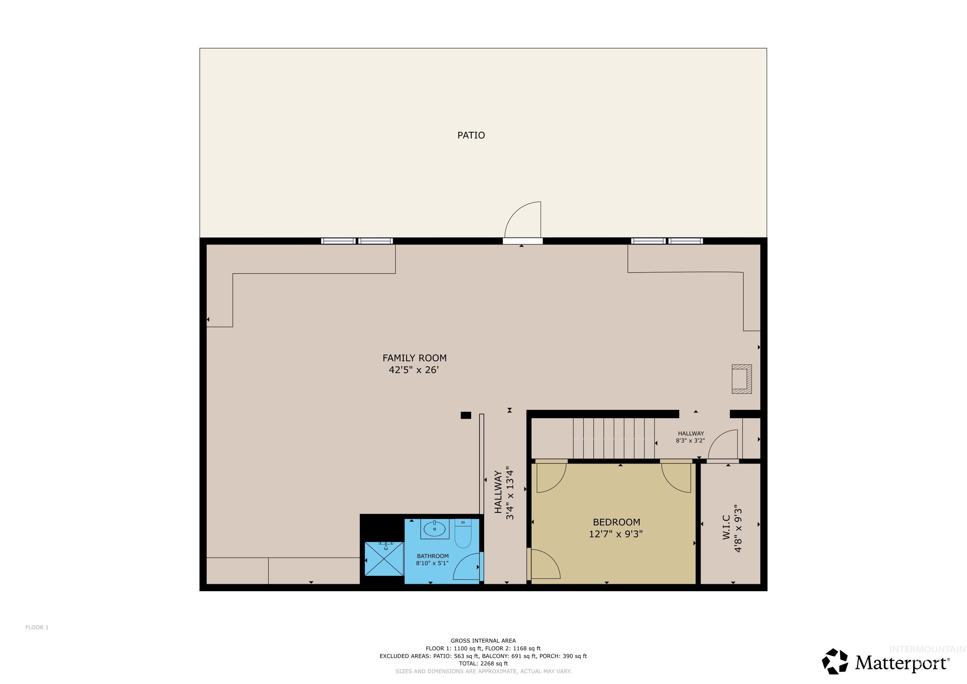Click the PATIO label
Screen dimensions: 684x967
pyautogui.click(x=471, y=135)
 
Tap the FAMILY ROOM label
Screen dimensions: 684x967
pyautogui.click(x=414, y=358)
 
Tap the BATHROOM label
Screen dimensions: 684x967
pyautogui.click(x=432, y=556)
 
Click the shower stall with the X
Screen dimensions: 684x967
pyautogui.click(x=384, y=559)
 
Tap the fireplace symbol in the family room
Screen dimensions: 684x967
pyautogui.click(x=741, y=379)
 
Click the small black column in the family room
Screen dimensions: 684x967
pyautogui.click(x=465, y=415)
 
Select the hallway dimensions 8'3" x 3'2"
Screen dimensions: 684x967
pyautogui.click(x=690, y=441)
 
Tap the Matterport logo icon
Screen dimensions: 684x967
pyautogui.click(x=835, y=661)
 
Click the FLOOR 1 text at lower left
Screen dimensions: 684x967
pyautogui.click(x=37, y=627)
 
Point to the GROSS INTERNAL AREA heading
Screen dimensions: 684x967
pyautogui.click(x=483, y=641)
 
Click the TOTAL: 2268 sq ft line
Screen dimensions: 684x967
pyautogui.click(x=483, y=663)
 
